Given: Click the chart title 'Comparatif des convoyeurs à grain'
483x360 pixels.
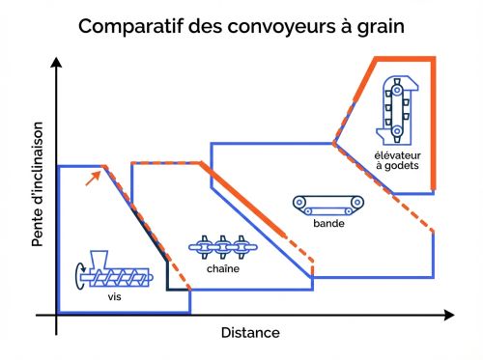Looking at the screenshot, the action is coord(241,25).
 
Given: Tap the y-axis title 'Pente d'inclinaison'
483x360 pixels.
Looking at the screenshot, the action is coord(38,184).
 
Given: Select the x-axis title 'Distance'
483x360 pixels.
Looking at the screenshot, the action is coord(250,333).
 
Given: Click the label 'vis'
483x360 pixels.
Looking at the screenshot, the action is coord(114,297).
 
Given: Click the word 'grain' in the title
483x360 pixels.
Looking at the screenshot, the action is coord(377,26).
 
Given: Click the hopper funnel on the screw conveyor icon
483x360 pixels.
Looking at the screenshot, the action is coord(96,261).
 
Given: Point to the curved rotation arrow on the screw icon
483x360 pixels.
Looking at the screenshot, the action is coord(76,276).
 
